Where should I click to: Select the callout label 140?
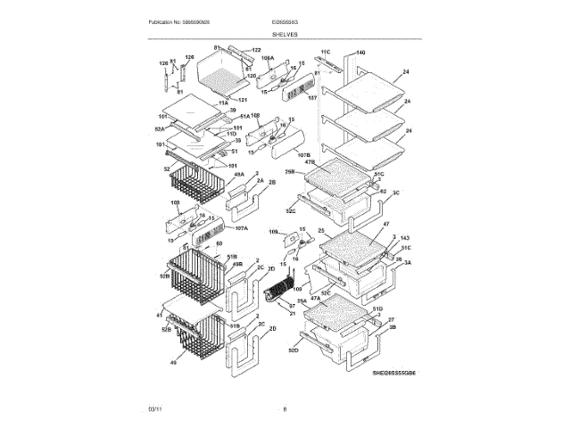tap(360, 53)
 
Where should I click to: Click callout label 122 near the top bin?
tap(256, 50)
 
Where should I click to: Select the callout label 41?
tap(160, 315)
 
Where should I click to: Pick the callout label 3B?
tap(392, 327)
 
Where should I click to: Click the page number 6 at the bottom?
tap(285, 409)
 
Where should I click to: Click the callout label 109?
tap(272, 233)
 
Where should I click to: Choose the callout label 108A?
tap(267, 59)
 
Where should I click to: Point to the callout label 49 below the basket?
tap(173, 363)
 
